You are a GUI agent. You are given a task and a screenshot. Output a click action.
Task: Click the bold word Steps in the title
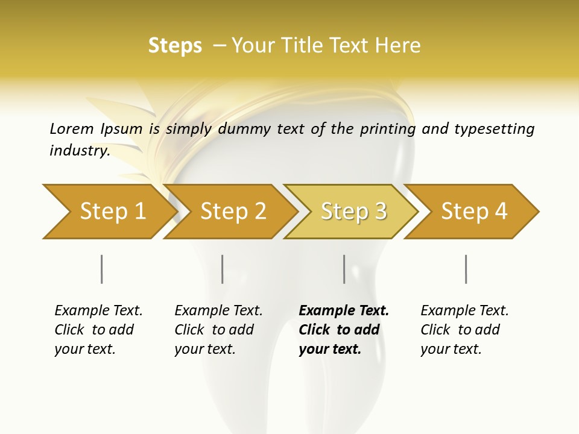tap(175, 46)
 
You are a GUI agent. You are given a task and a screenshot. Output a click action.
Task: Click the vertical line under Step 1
tap(101, 269)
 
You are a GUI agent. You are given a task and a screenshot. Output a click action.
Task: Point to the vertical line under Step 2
tap(223, 269)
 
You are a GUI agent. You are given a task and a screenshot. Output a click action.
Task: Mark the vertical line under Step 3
tap(344, 269)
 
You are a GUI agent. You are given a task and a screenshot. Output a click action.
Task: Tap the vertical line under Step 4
tap(466, 269)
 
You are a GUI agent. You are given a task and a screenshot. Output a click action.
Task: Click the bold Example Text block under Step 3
tap(343, 330)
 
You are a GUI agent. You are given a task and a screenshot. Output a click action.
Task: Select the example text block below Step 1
tap(98, 330)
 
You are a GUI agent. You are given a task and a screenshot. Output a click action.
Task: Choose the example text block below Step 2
tap(218, 330)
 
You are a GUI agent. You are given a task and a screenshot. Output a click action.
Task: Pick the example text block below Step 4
tap(464, 330)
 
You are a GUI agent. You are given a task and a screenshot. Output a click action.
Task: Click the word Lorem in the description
tap(72, 128)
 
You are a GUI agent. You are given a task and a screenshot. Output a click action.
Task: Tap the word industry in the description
tap(79, 151)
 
